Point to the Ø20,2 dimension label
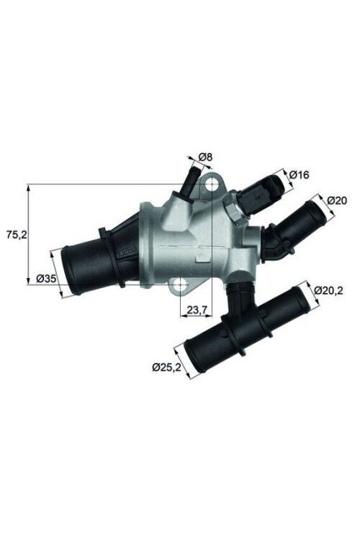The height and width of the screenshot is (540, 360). pos(330,291)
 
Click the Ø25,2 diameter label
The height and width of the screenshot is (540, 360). pos(166,367)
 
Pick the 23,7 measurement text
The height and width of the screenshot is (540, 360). pos(198,311)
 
